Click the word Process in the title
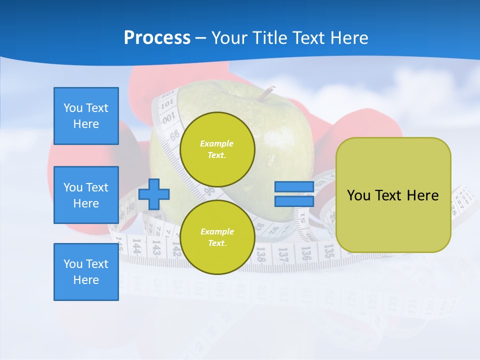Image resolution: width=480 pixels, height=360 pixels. (x=157, y=38)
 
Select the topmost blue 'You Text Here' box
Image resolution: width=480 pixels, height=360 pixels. (x=86, y=116)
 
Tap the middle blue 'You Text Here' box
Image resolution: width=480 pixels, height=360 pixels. (x=86, y=195)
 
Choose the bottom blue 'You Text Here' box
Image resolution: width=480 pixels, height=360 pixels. (x=86, y=272)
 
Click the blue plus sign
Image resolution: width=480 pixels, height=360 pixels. (x=154, y=194)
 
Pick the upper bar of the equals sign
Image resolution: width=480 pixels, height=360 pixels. (x=294, y=187)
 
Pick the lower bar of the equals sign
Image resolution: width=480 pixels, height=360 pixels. (x=294, y=201)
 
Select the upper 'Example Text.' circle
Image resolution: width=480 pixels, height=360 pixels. (x=217, y=149)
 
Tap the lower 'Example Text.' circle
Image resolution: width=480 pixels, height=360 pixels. (x=217, y=237)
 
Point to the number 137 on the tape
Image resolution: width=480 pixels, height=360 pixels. (x=283, y=255)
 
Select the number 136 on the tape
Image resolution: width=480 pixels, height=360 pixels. (x=305, y=253)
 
